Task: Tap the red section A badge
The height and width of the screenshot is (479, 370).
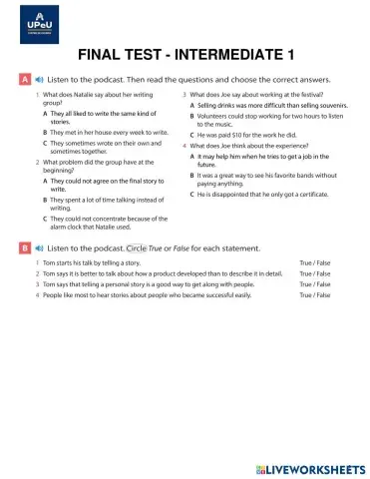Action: click(x=24, y=78)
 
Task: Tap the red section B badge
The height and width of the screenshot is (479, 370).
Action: click(x=24, y=246)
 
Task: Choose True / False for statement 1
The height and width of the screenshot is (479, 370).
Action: click(x=315, y=262)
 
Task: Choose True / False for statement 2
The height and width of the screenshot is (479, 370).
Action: click(x=315, y=273)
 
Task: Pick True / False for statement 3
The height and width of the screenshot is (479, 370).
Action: click(x=315, y=284)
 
